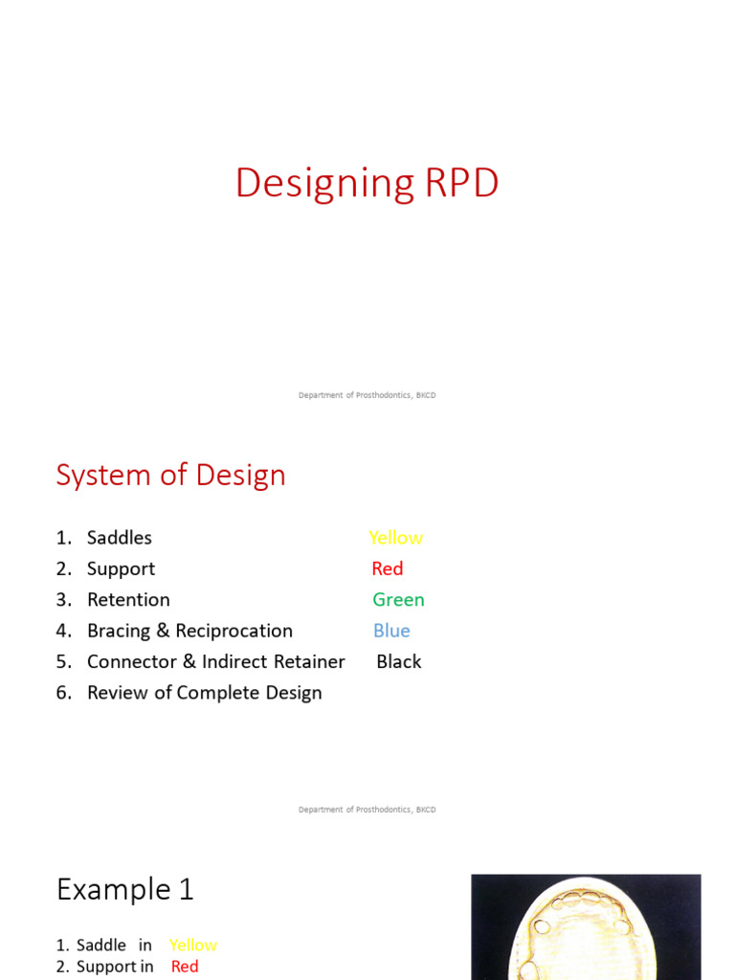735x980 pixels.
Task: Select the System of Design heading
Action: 170,475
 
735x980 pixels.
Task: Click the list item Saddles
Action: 119,538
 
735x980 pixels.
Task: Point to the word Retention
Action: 128,600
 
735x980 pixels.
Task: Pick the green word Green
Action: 398,600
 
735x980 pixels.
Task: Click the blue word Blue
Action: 391,631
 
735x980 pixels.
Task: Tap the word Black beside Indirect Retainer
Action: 398,661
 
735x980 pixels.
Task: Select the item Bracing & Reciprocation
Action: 189,631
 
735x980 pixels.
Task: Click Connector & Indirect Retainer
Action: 215,661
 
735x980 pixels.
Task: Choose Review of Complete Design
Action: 204,693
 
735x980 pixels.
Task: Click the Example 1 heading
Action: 125,890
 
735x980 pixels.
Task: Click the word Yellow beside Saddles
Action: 395,538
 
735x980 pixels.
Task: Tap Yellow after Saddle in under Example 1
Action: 193,945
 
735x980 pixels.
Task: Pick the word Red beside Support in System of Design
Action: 388,568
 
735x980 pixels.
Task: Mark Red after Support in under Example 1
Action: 185,967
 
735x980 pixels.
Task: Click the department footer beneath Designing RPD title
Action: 367,395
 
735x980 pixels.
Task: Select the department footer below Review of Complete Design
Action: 367,810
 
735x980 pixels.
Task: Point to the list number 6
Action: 63,693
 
